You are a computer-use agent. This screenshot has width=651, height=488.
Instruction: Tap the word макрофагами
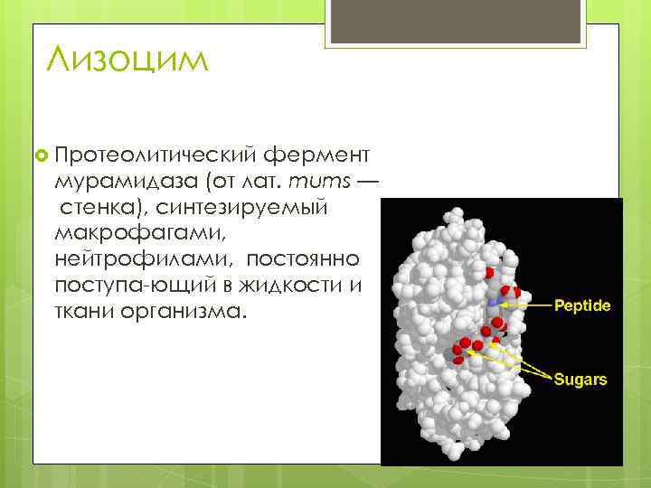123,232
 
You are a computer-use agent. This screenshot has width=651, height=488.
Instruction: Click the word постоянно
304,258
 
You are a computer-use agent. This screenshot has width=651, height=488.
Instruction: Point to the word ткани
80,311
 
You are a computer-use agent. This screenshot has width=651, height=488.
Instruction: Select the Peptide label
581,305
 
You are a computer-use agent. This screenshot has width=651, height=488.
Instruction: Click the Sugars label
580,379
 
